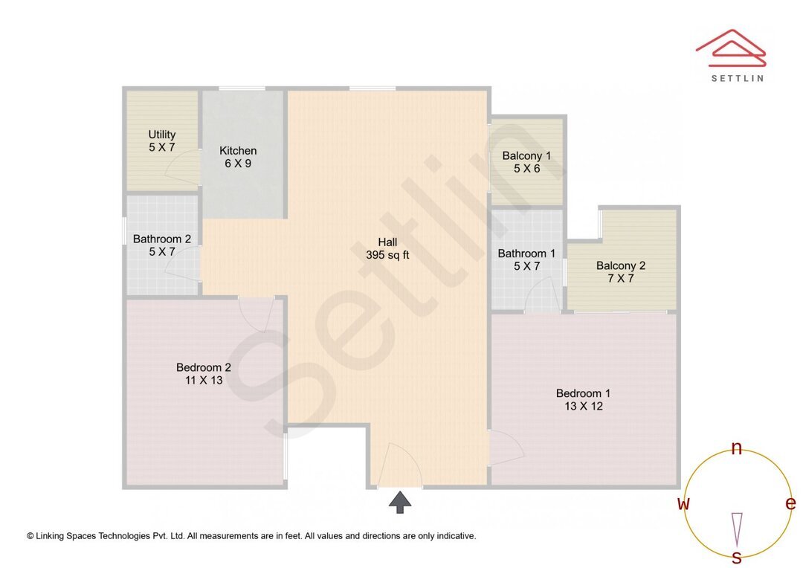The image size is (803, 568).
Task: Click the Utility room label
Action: [162, 141]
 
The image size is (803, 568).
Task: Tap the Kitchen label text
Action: [238, 157]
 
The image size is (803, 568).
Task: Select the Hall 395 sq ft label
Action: [387, 248]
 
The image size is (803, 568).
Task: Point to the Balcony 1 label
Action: [526, 162]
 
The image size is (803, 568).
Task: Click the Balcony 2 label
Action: [621, 271]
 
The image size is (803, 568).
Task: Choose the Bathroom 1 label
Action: [526, 259]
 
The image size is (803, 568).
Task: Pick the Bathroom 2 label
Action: [162, 245]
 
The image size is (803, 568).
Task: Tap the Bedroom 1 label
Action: [584, 399]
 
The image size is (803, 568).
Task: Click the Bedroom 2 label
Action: [204, 373]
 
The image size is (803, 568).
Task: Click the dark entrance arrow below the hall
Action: [400, 502]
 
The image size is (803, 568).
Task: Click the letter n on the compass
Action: [737, 448]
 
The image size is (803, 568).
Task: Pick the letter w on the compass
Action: [683, 503]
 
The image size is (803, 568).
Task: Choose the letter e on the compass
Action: [790, 503]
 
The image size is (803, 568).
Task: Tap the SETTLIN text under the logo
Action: [737, 77]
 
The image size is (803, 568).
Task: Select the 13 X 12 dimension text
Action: [584, 406]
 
